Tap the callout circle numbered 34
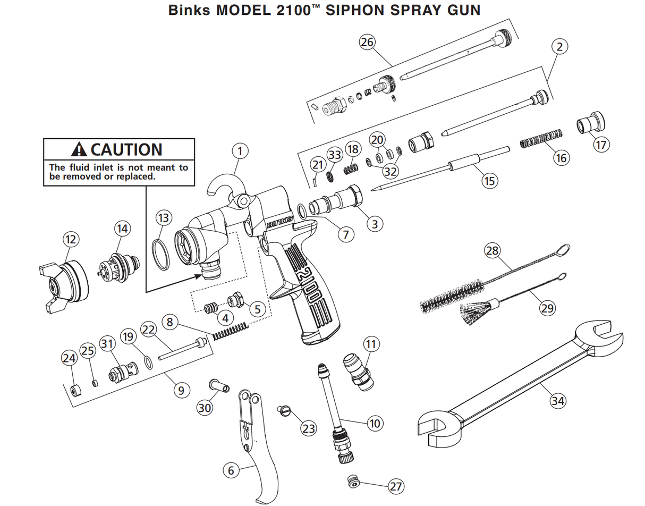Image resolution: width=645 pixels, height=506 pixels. click(x=557, y=401)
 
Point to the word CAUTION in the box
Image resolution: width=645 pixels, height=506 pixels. click(x=126, y=149)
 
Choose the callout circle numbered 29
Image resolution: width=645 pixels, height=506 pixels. click(x=547, y=307)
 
